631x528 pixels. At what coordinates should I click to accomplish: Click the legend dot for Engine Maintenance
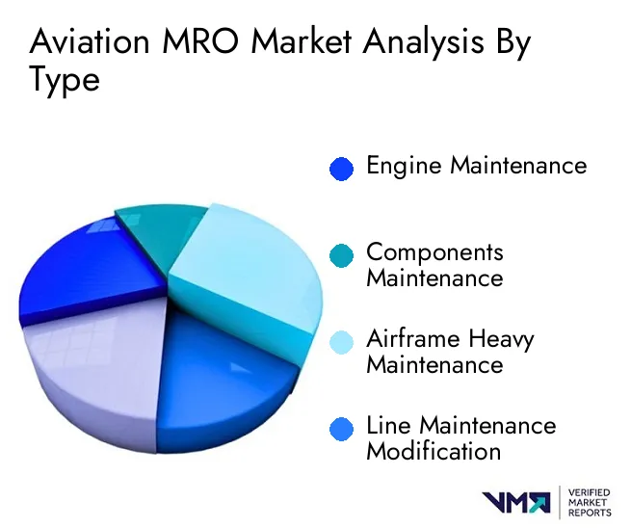point(341,169)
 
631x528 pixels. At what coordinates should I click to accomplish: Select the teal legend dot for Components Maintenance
point(341,255)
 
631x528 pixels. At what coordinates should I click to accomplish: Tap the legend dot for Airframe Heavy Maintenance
point(341,342)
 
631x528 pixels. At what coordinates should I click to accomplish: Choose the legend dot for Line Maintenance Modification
point(341,429)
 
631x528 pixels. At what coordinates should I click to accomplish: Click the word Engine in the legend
point(404,167)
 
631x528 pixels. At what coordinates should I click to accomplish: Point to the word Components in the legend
point(435,253)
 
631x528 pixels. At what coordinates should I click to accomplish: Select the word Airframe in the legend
point(413,339)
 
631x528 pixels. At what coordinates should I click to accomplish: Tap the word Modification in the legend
point(434,451)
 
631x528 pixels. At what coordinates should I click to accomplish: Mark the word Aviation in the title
point(90,41)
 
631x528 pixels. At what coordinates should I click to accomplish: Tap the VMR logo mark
point(516,502)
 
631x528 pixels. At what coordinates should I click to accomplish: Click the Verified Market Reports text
point(590,503)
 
